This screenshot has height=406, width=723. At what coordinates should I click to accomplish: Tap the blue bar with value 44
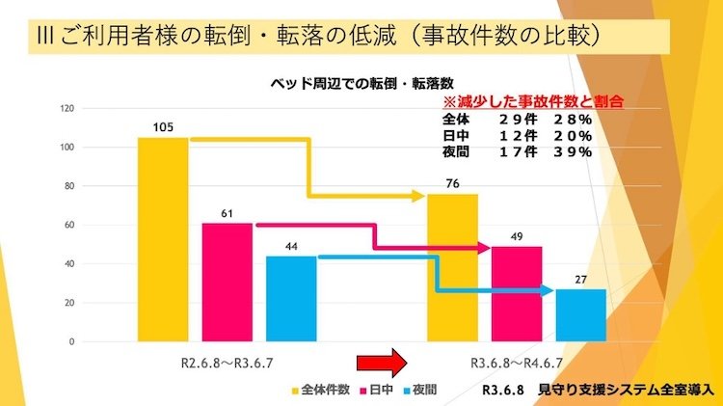point(291,298)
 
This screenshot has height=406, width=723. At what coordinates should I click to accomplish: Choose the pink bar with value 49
point(517,293)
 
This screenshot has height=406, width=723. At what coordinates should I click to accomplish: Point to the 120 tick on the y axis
point(67,108)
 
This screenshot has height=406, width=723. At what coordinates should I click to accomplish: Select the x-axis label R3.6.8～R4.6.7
point(517,363)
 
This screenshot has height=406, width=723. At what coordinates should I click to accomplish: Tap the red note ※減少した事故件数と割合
point(531,100)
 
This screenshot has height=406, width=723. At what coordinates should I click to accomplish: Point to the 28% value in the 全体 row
point(573,119)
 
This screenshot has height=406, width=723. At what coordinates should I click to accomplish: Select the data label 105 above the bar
point(163,127)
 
